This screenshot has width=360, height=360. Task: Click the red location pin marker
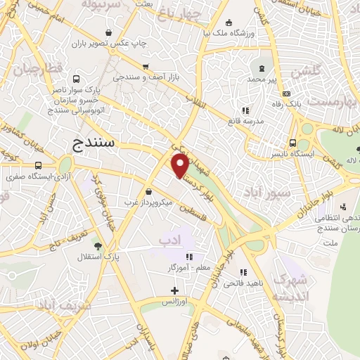[180, 165]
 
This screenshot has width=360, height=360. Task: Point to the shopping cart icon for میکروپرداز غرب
[148, 191]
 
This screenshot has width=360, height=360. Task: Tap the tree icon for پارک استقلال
[98, 246]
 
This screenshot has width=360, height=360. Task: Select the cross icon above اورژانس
[175, 290]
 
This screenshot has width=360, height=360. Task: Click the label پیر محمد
[261, 79]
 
